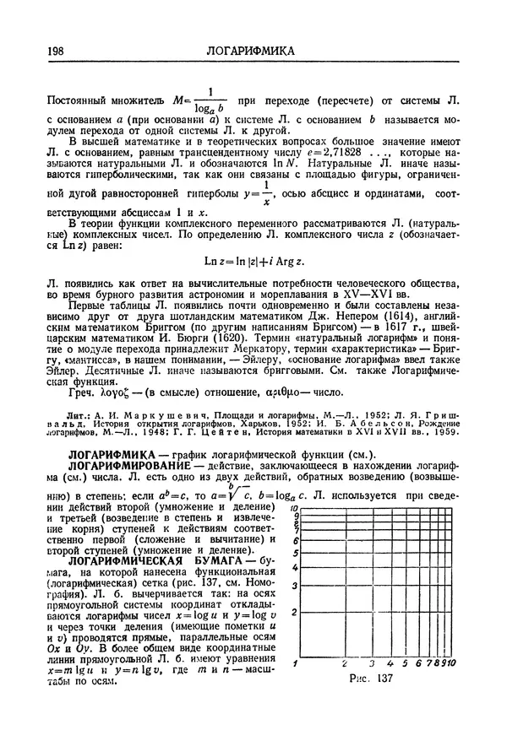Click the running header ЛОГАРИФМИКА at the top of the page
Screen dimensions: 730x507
point(251,52)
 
